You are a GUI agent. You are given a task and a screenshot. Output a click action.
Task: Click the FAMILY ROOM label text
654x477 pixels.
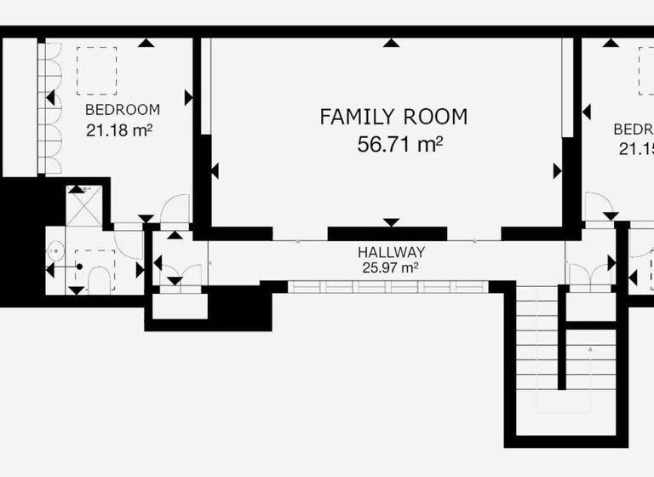tap(393, 117)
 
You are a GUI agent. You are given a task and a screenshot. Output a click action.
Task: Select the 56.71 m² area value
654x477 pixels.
tap(399, 144)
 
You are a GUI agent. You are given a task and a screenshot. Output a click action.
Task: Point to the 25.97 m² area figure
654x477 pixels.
tap(390, 267)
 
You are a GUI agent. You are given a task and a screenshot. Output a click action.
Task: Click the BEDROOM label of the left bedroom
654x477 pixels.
tap(123, 109)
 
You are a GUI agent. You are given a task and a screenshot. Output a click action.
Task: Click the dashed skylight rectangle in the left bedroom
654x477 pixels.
tap(96, 70)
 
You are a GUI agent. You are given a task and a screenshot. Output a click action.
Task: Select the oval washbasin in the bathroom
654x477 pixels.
tap(55, 250)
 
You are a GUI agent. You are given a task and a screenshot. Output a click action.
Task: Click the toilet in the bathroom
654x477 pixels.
tap(99, 278)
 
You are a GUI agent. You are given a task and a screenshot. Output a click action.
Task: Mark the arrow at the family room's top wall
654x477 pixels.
tap(391, 43)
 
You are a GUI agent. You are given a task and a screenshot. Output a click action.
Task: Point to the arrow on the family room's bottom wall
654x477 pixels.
tap(391, 222)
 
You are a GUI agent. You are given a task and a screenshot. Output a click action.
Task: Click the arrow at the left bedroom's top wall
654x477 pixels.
tap(147, 43)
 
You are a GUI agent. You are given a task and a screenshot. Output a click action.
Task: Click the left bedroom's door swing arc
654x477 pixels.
tap(175, 209)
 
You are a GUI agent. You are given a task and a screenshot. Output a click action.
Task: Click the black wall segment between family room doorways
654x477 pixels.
tap(387, 233)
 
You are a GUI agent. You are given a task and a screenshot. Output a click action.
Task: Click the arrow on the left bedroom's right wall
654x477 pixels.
tap(188, 99)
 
